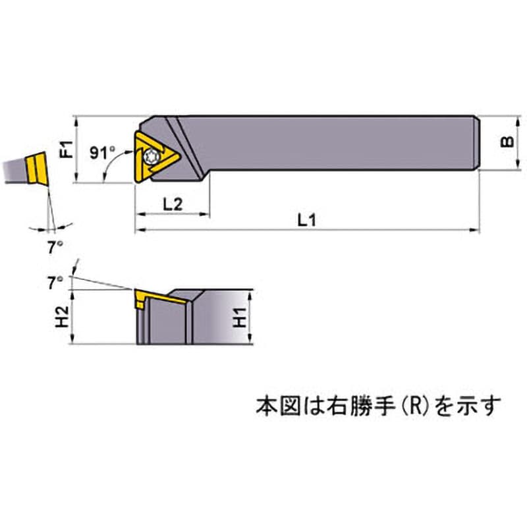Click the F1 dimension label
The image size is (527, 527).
coord(67,150)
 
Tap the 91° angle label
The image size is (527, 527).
coord(103,153)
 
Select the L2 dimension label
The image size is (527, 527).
coord(173,204)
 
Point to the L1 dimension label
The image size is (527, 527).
coord(307,220)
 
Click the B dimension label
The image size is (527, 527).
coord(507,142)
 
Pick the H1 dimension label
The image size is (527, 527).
coord(240,318)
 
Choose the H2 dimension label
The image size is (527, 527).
coord(62,317)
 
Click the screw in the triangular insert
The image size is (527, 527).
coord(150,157)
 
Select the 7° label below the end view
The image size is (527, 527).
coord(55,248)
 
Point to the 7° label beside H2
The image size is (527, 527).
coord(55,283)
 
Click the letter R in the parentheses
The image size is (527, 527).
coord(416,406)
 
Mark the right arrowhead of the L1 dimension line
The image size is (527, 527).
coord(474,230)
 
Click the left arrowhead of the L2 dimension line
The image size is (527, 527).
coord(140,213)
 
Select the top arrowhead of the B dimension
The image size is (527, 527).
coord(518,122)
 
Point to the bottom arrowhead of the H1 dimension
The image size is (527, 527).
coord(250,339)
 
